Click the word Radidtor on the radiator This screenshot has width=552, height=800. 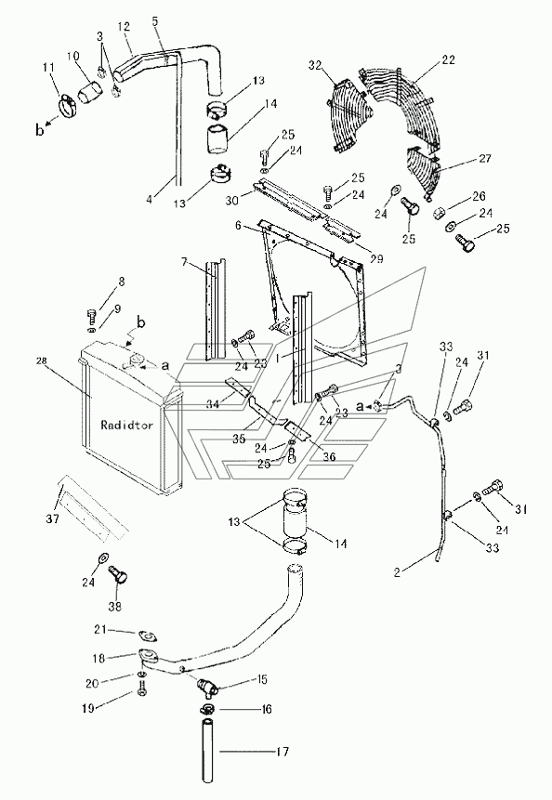coord(126,425)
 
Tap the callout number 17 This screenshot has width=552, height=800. coord(283,752)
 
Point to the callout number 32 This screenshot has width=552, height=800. coord(316,65)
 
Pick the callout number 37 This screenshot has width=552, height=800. coord(53,518)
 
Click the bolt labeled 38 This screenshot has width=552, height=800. coord(119,578)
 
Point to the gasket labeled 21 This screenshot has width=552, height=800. coord(147,636)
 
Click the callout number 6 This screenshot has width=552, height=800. coord(238,225)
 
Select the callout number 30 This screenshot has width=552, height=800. coord(232,201)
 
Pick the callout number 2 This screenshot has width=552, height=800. coord(398,571)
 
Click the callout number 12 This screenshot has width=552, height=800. coord(124,27)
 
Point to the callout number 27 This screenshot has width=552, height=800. coord(485,159)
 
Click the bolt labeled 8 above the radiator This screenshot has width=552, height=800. coord(92,316)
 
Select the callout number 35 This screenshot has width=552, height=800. coord(238,439)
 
